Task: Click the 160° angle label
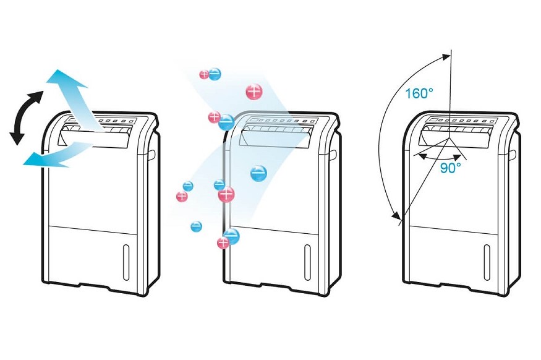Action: coord(419,93)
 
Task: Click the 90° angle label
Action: coord(450,168)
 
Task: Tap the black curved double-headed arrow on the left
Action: coord(25,117)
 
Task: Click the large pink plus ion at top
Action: coord(254,92)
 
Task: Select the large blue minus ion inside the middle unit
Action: coord(258,173)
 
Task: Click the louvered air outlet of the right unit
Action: coord(460,132)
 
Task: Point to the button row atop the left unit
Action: coord(111,119)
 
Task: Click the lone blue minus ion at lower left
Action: coord(196,226)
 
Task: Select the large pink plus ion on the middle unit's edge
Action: coord(226,194)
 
